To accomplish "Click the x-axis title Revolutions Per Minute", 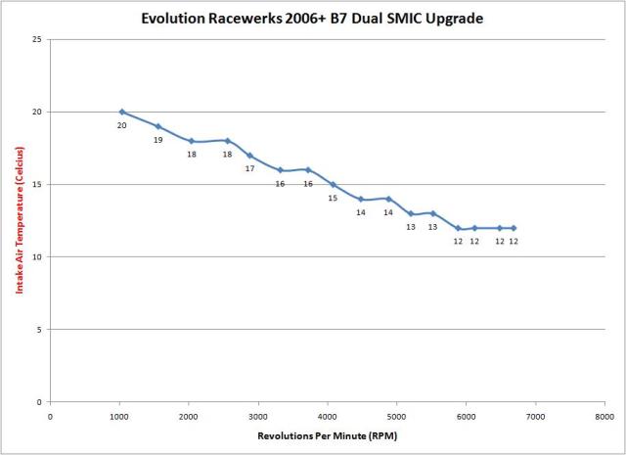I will (x=328, y=434).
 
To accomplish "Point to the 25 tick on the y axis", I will (x=36, y=39).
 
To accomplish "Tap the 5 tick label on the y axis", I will (x=39, y=330).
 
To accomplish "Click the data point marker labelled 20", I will (x=122, y=112).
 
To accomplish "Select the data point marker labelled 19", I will (x=157, y=126).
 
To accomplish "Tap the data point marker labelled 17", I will (x=249, y=156).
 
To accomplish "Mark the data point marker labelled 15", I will (x=333, y=184).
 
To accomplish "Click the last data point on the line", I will (x=514, y=228).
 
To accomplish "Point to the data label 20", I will (x=122, y=125).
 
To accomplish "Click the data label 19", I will (x=157, y=140).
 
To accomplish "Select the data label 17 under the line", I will (x=249, y=168).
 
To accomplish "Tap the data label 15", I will (x=333, y=198).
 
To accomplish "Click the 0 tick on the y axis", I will (x=39, y=402).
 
